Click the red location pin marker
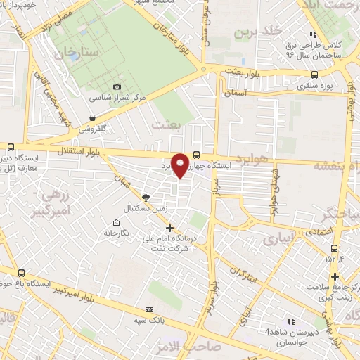181,165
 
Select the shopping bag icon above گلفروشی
92,118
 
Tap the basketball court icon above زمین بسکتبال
146,198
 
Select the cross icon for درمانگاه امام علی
169,228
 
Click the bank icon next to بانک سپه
149,309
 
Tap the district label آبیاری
278,240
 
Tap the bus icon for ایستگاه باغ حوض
20,273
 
